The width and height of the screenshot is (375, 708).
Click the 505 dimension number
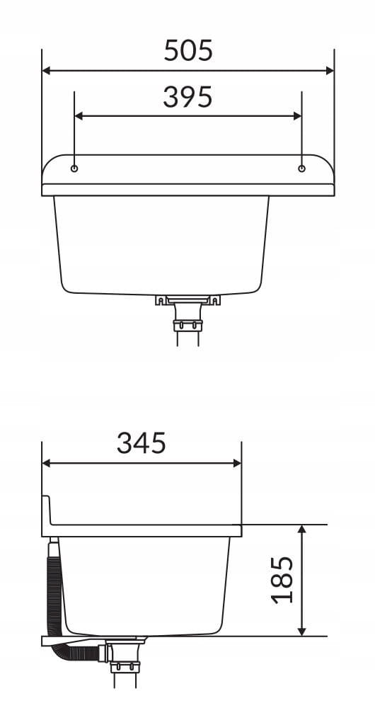click(187, 50)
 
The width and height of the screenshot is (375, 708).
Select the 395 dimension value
click(187, 96)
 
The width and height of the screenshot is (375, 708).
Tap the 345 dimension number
click(142, 443)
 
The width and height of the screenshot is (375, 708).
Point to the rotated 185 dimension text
click(282, 580)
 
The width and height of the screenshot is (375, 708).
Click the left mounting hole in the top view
click(74, 169)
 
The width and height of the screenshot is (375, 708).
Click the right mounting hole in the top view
click(301, 169)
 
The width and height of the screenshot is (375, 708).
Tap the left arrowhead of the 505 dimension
click(46, 70)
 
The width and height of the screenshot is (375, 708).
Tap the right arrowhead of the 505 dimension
click(330, 70)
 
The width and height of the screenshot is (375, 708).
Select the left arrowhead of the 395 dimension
click(79, 116)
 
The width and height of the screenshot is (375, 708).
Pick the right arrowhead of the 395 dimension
click(297, 116)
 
